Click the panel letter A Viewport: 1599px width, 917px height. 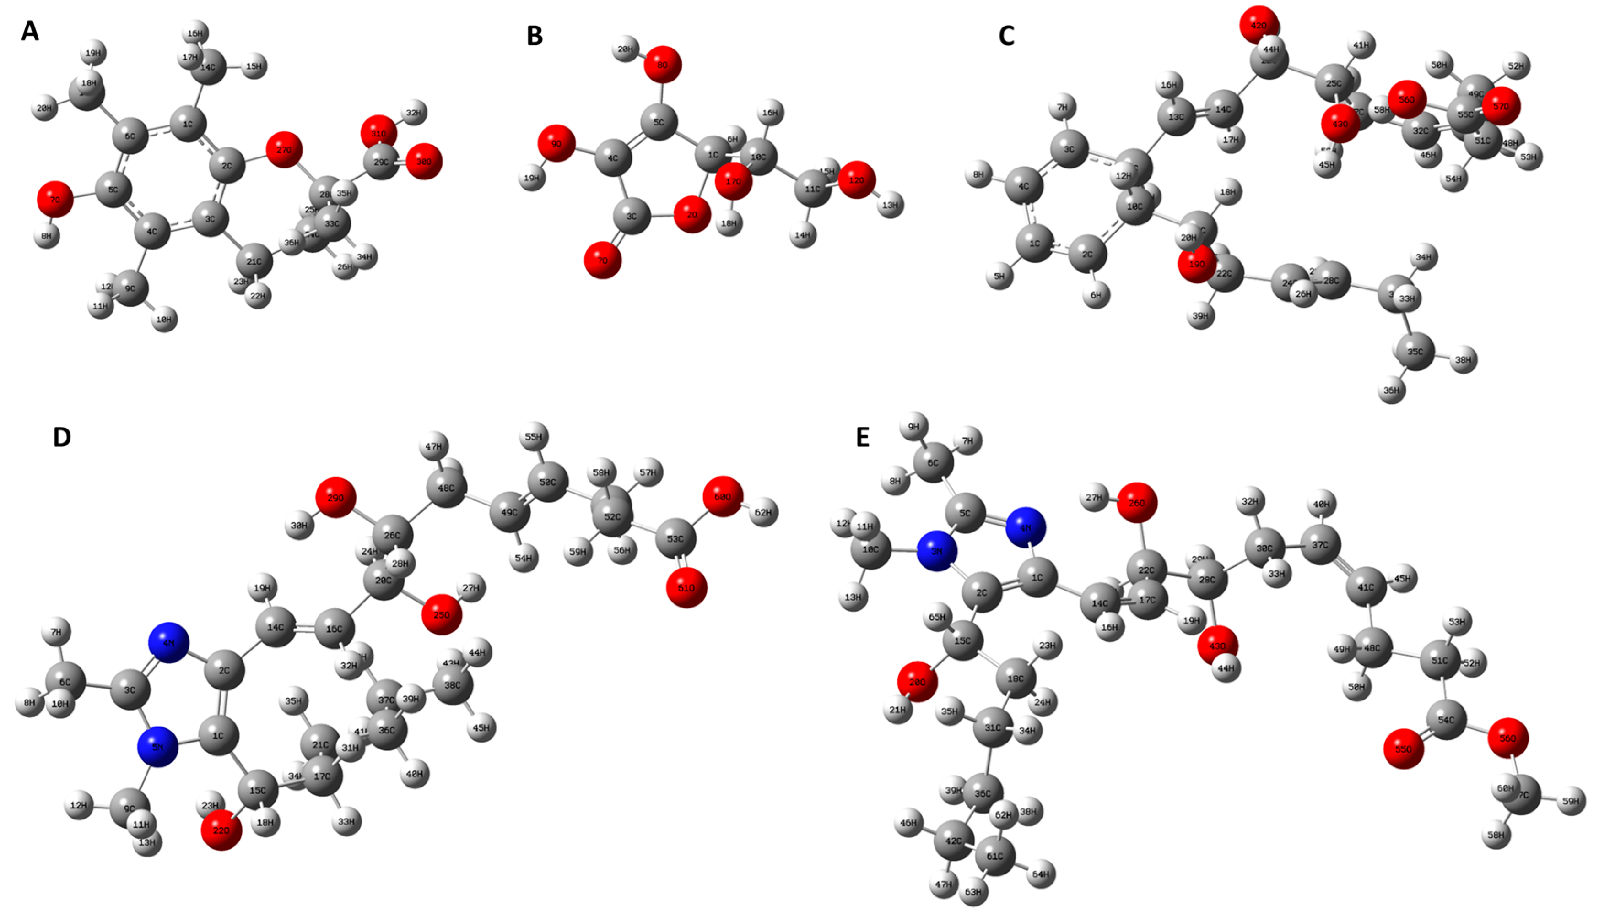tap(30, 31)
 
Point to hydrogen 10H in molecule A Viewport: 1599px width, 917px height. tap(164, 319)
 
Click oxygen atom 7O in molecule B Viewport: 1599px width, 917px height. tap(602, 260)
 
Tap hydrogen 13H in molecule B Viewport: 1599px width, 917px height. tap(890, 205)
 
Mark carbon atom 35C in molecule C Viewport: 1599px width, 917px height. tap(1415, 352)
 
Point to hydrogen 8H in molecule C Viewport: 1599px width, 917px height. tap(978, 174)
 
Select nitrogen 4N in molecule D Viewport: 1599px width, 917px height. tap(169, 643)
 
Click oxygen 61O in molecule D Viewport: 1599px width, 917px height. tap(686, 588)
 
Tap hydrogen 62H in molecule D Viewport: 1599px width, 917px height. tap(763, 513)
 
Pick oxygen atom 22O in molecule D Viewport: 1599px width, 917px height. tap(221, 830)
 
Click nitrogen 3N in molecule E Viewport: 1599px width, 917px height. tap(937, 551)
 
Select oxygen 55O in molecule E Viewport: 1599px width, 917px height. tap(1403, 749)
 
